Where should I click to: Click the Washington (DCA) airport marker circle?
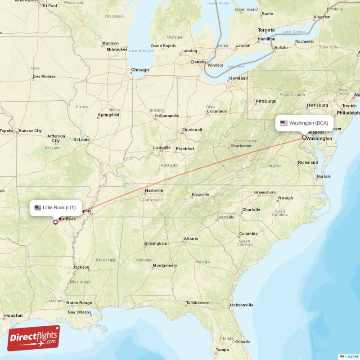coord(304,138)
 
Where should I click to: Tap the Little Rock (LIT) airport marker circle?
coord(55,222)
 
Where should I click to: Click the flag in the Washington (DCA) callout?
coord(284,123)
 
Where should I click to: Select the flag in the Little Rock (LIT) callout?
coord(38,207)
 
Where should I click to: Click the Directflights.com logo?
coord(34,338)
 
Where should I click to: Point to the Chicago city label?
coord(139,70)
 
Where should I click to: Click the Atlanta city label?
coord(191,239)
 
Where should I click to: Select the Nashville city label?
coord(153,190)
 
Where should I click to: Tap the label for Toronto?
coord(266,30)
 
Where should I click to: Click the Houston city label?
coord(13,315)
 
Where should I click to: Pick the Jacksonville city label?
coord(241,305)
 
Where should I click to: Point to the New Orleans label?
coord(79,312)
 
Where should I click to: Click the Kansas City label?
coord(31,131)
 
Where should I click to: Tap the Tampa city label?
coord(222,350)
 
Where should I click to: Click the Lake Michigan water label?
coord(141,51)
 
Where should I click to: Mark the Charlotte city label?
coord(251,209)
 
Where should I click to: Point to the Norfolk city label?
coord(323,176)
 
